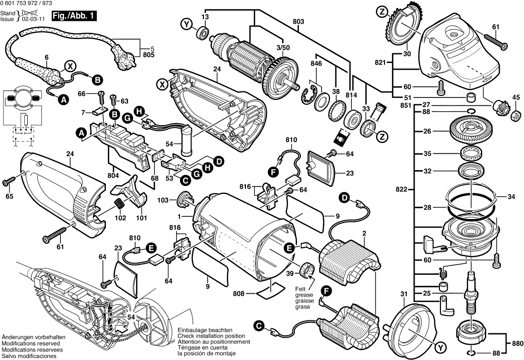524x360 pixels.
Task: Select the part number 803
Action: (x=298, y=21)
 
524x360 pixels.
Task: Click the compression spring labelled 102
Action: (x=119, y=203)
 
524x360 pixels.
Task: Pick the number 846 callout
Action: (x=316, y=64)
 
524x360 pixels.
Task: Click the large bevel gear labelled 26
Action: (x=471, y=132)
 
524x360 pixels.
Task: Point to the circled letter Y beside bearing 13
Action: (x=186, y=24)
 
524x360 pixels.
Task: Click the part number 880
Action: (x=517, y=342)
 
